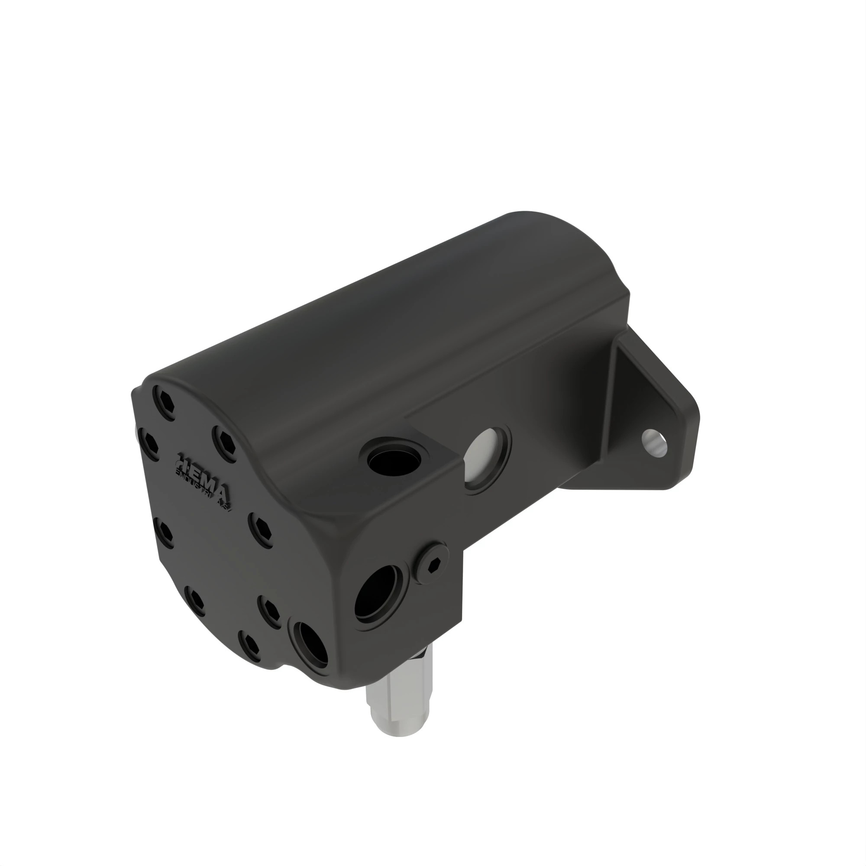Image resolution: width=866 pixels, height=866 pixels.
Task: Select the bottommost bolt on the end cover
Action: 249,648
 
